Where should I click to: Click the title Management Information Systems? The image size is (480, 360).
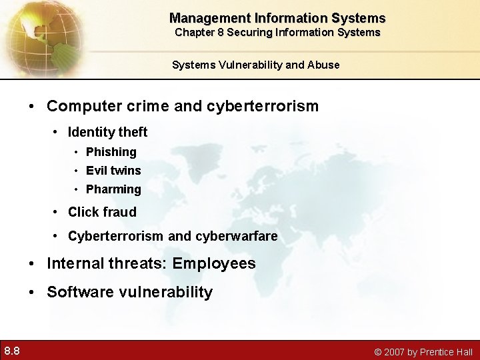coord(277,18)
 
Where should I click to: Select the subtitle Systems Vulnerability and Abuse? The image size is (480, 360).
coord(256,65)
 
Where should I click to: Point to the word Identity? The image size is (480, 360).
coord(89,133)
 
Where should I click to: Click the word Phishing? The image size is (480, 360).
coord(111,152)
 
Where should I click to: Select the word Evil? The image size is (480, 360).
coord(97,171)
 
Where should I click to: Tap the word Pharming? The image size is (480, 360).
coord(113,189)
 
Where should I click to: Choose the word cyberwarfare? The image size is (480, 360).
coord(237,237)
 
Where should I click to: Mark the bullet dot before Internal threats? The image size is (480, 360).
coord(33,264)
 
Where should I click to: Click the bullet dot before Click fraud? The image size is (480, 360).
coord(56,213)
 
